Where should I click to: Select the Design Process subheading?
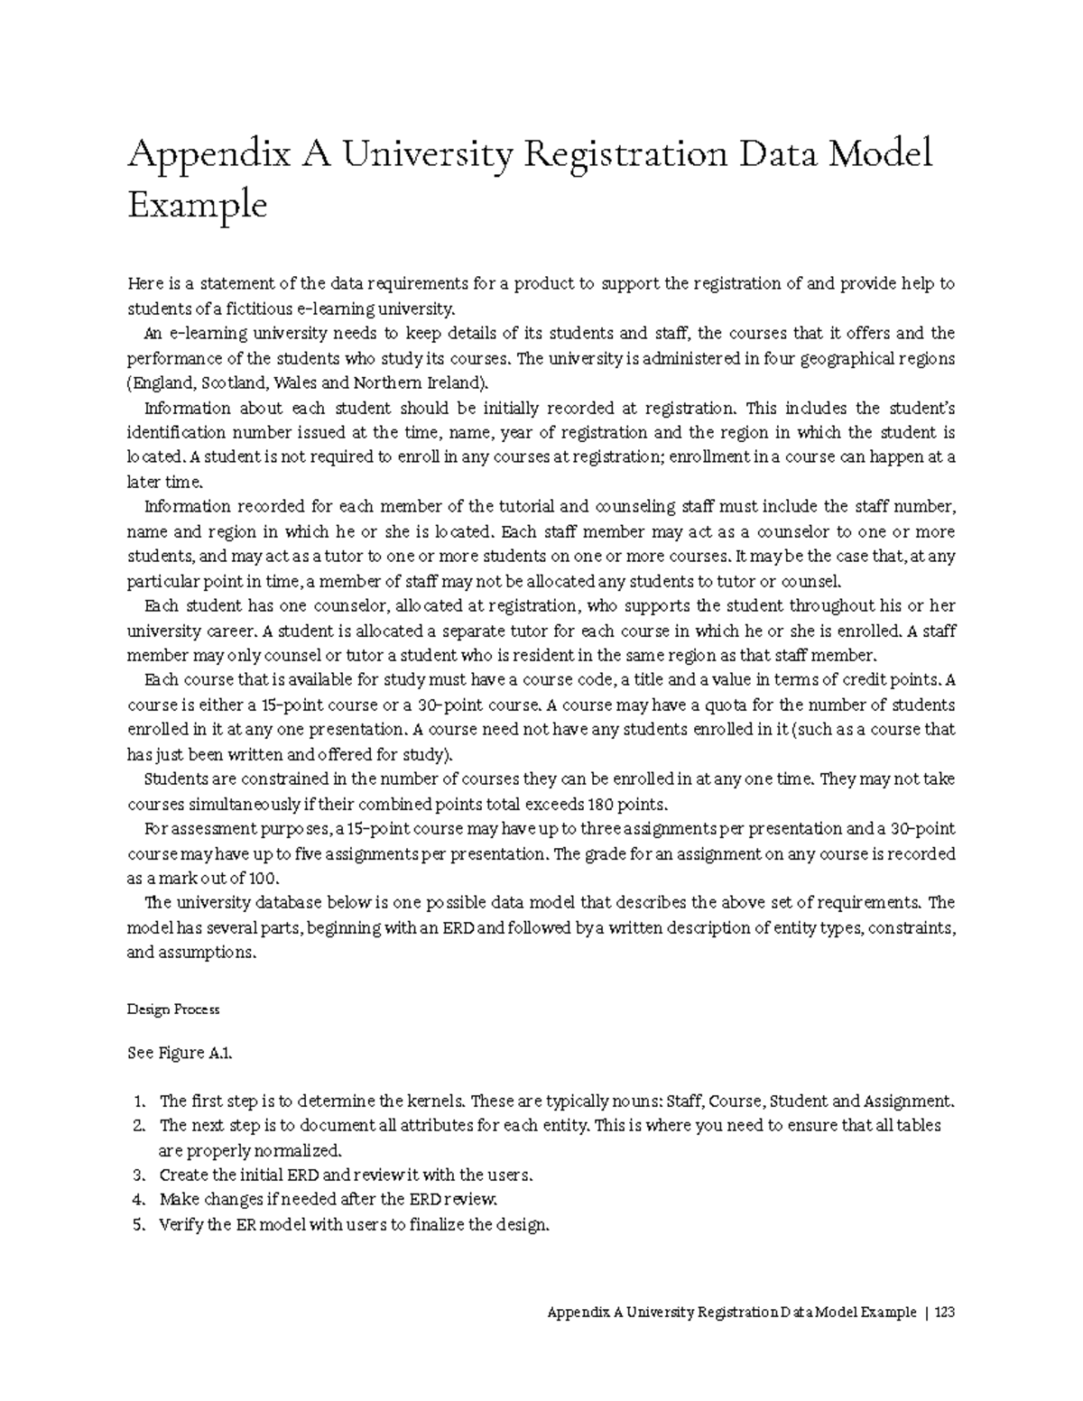(x=172, y=1009)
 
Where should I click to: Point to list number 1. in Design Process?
(x=138, y=1101)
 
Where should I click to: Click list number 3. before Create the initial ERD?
(x=138, y=1175)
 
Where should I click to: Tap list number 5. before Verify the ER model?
(x=138, y=1224)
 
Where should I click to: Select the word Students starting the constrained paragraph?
(x=174, y=779)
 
